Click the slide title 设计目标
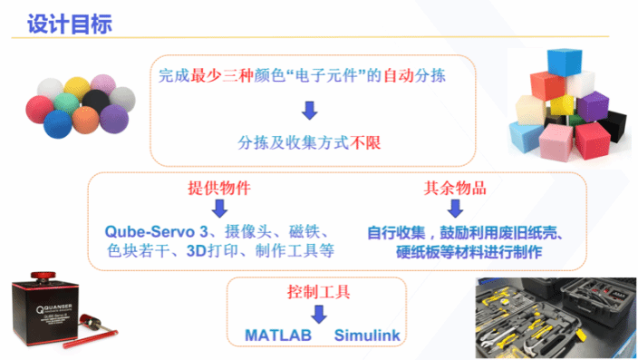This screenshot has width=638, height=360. [70, 24]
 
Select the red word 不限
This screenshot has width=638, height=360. [371, 143]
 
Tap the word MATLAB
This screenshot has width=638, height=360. [277, 336]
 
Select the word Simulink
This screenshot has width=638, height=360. [367, 336]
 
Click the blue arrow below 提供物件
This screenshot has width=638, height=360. [219, 209]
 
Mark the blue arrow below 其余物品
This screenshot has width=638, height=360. [456, 209]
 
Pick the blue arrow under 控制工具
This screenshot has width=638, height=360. [318, 315]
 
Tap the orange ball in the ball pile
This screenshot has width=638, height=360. [83, 119]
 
